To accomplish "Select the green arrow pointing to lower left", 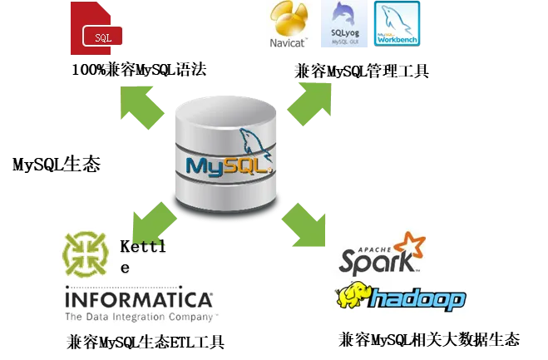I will [154, 225].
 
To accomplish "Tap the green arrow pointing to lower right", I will [303, 224].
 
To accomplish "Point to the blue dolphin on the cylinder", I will [254, 143].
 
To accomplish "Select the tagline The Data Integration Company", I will [140, 317].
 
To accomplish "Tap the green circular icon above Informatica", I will [86, 254].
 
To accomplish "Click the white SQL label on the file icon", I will [103, 37].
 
